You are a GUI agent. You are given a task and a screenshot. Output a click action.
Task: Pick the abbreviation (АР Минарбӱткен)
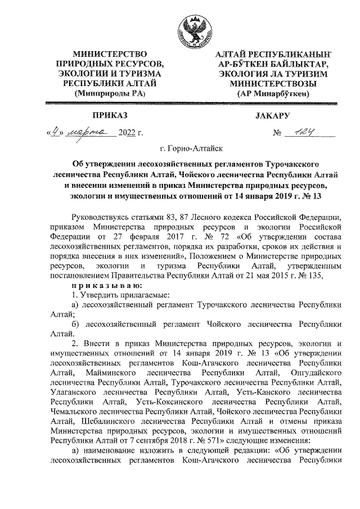click(273, 94)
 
